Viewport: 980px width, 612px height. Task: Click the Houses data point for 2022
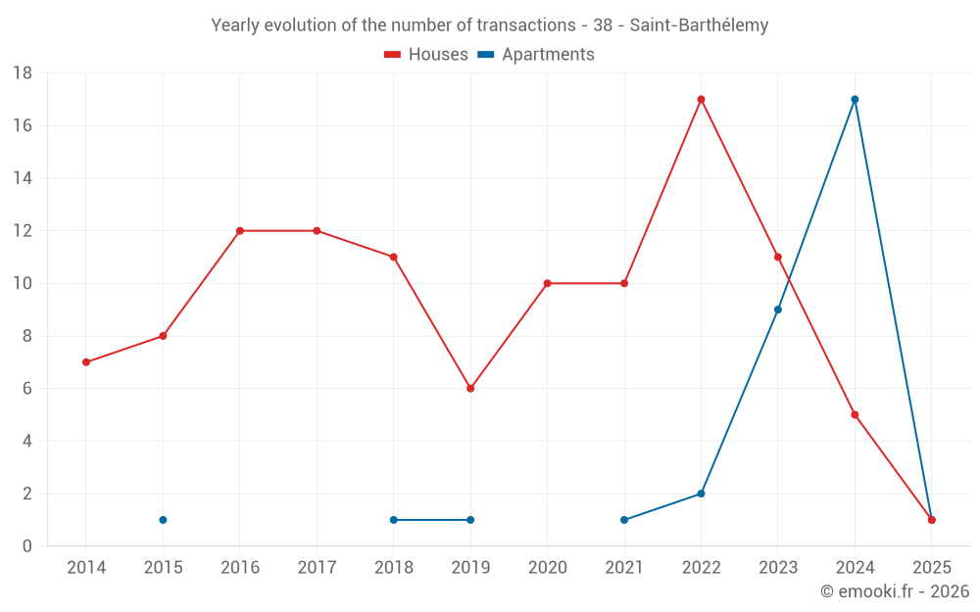701,99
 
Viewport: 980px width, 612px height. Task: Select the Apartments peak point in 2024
855,99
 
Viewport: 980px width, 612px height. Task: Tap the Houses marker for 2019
470,389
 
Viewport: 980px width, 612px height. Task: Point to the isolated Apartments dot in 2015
163,520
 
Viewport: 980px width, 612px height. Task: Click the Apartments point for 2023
778,309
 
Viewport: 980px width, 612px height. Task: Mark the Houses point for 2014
86,362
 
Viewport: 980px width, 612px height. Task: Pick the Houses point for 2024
855,414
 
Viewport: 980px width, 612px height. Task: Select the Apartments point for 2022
701,494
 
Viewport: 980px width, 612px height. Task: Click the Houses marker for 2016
240,231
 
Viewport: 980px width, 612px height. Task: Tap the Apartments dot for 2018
394,520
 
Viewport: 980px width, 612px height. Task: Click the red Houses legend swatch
392,55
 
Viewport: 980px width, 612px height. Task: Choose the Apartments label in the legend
548,55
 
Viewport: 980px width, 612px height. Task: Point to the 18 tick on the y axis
23,73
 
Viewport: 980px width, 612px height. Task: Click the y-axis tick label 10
23,284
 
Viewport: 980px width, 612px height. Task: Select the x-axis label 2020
548,568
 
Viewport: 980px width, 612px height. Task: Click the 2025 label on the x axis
932,568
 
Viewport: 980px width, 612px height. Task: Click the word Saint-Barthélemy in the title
699,25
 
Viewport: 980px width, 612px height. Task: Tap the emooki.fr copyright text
895,591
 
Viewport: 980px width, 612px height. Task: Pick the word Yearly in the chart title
236,25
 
